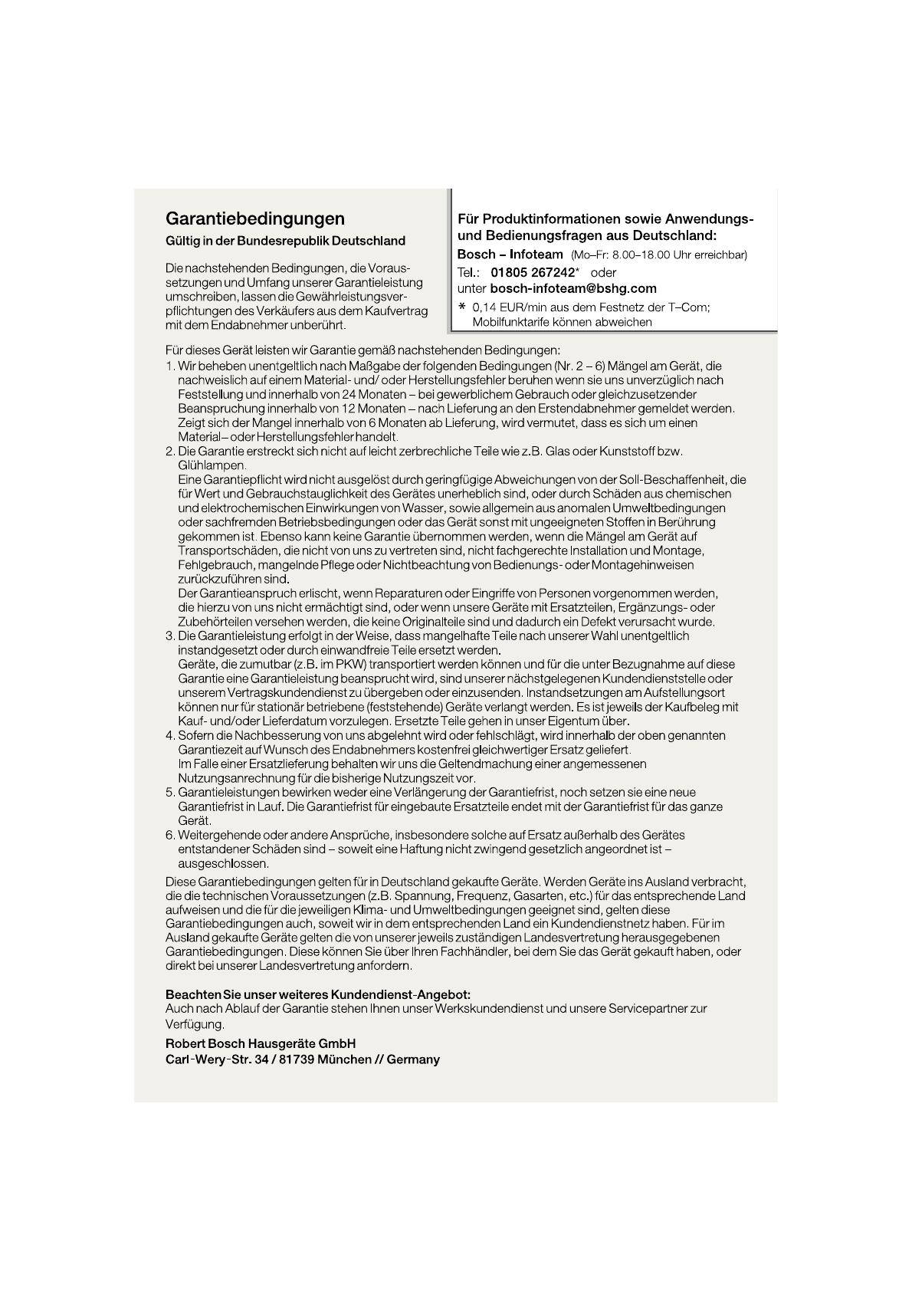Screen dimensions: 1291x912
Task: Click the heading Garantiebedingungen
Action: tap(255, 219)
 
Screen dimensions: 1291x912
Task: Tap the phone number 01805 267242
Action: tap(532, 272)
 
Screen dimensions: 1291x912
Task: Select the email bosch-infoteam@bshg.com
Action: tap(572, 289)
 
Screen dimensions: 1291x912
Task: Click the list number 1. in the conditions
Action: tap(171, 366)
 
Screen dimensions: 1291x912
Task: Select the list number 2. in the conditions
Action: tap(171, 452)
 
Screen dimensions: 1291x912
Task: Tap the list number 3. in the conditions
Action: tap(171, 636)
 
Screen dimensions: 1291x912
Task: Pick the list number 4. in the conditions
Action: tap(171, 736)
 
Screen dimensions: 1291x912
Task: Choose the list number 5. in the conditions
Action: tap(171, 793)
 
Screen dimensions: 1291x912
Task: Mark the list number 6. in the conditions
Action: tap(171, 835)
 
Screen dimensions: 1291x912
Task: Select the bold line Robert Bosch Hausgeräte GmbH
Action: tap(261, 1044)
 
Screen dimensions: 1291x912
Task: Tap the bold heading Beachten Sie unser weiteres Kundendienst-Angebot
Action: tap(318, 995)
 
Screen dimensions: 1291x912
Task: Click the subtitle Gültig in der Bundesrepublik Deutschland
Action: tap(285, 241)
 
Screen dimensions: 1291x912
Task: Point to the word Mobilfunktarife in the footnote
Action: tap(510, 322)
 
